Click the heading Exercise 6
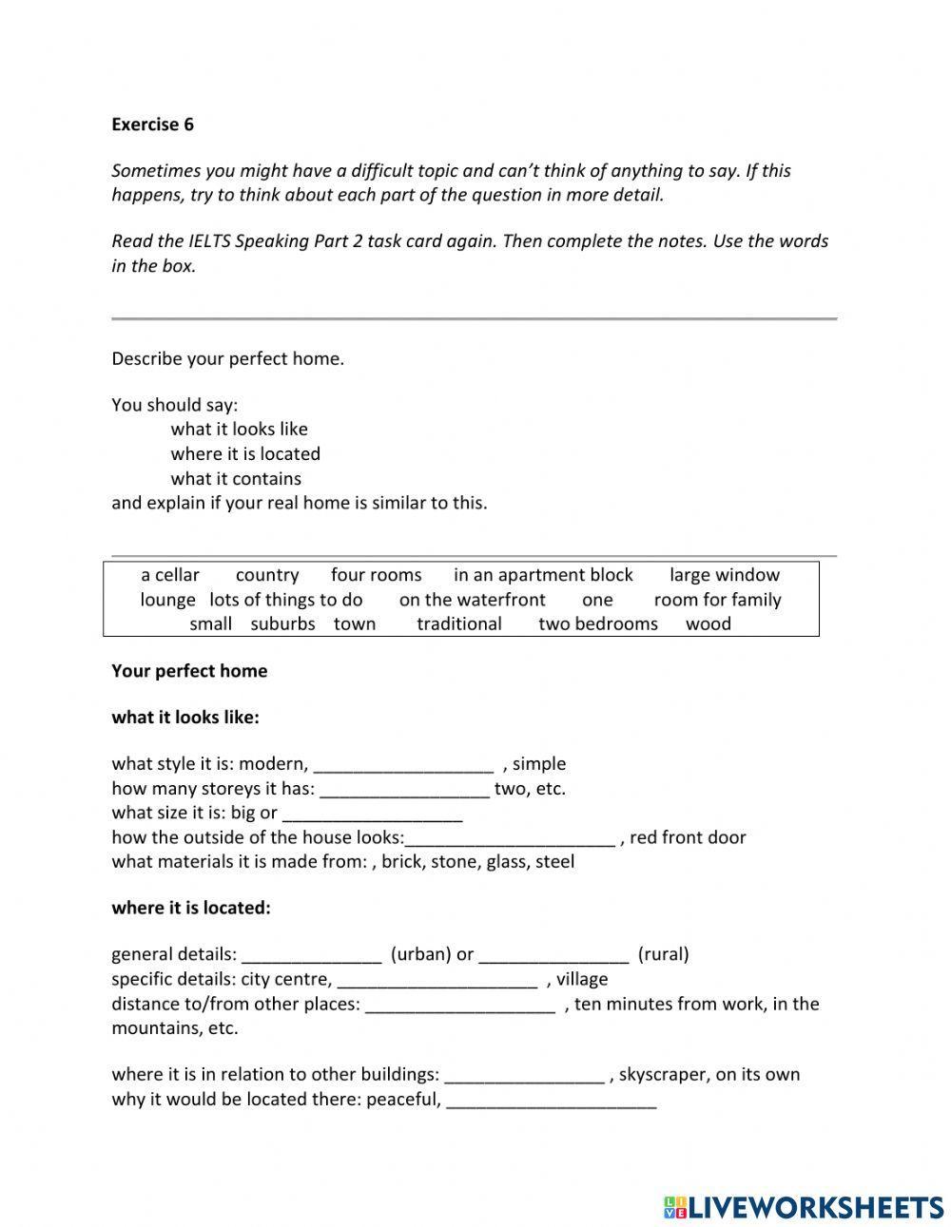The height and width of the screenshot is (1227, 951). click(152, 125)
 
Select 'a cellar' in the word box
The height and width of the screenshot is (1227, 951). click(170, 575)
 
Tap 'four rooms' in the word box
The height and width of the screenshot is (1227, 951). click(376, 575)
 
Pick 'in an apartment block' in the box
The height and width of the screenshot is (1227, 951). click(543, 575)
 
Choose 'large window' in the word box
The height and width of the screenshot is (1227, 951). click(724, 575)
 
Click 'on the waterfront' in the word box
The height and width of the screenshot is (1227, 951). click(472, 600)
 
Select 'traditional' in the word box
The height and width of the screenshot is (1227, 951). click(458, 624)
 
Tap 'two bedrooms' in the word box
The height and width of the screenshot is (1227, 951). click(597, 624)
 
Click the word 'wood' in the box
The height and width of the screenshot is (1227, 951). click(708, 624)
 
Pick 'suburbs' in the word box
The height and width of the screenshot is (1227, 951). click(282, 624)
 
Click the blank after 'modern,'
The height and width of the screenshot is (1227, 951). click(403, 765)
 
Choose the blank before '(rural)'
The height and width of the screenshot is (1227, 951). click(553, 955)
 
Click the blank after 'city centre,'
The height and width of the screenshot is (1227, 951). click(437, 980)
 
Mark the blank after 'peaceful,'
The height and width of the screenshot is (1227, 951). click(551, 1102)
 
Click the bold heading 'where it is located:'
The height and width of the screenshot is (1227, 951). click(191, 908)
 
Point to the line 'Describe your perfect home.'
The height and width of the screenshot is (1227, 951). click(227, 359)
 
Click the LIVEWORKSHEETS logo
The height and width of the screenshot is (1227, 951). click(803, 1206)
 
